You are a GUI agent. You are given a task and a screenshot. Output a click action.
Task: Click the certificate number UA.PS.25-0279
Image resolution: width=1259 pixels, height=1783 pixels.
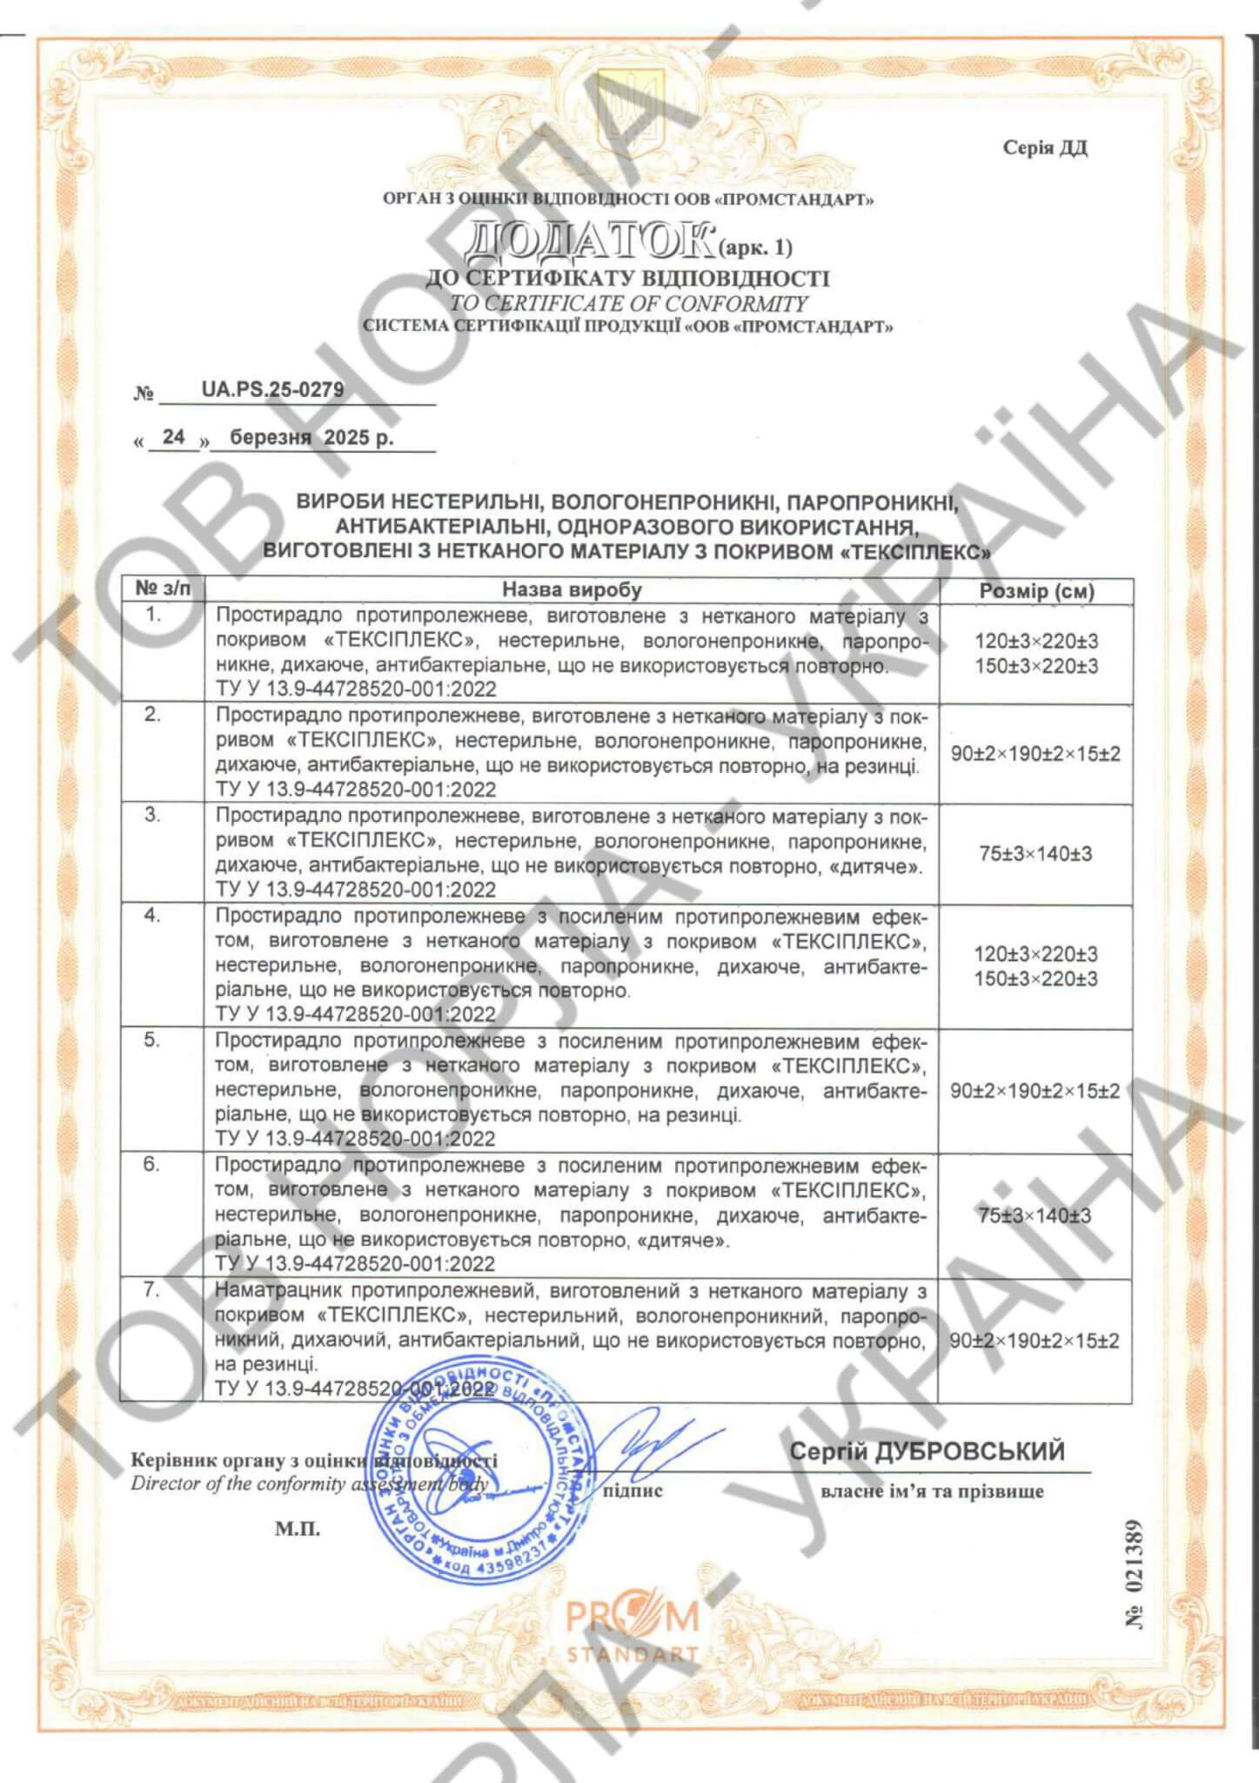point(272,390)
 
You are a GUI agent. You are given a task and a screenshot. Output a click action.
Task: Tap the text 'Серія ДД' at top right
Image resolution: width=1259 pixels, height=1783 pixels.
point(1044,147)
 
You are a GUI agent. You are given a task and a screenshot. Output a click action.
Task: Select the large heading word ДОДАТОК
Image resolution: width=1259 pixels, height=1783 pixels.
point(588,245)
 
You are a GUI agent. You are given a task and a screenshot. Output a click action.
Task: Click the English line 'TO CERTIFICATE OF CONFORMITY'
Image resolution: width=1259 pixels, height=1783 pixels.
point(628,304)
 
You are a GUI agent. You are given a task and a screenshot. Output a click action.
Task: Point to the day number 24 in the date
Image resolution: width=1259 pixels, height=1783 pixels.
point(174,437)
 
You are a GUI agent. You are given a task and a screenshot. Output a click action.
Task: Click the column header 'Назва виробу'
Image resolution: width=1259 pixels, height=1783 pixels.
point(572,589)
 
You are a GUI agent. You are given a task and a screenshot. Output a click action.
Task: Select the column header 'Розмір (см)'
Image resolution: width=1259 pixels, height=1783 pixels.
point(1036,591)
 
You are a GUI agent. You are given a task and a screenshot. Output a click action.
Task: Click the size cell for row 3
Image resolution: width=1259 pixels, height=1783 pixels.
point(1035,854)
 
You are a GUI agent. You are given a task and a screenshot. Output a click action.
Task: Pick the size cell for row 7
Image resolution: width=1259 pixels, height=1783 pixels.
point(1035,1341)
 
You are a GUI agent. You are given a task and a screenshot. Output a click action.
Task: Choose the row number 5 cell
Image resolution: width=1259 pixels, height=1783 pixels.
point(152,1041)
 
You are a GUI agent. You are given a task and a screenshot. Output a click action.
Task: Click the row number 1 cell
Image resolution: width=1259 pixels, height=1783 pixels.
point(153,615)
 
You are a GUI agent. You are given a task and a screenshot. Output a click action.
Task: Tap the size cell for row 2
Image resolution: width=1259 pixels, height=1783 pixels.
point(1035,754)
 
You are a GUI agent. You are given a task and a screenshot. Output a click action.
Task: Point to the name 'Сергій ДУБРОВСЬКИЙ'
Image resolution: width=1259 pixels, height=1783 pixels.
point(927,1451)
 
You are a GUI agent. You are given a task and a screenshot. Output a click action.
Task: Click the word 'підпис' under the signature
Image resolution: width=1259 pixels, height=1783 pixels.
point(633,1491)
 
